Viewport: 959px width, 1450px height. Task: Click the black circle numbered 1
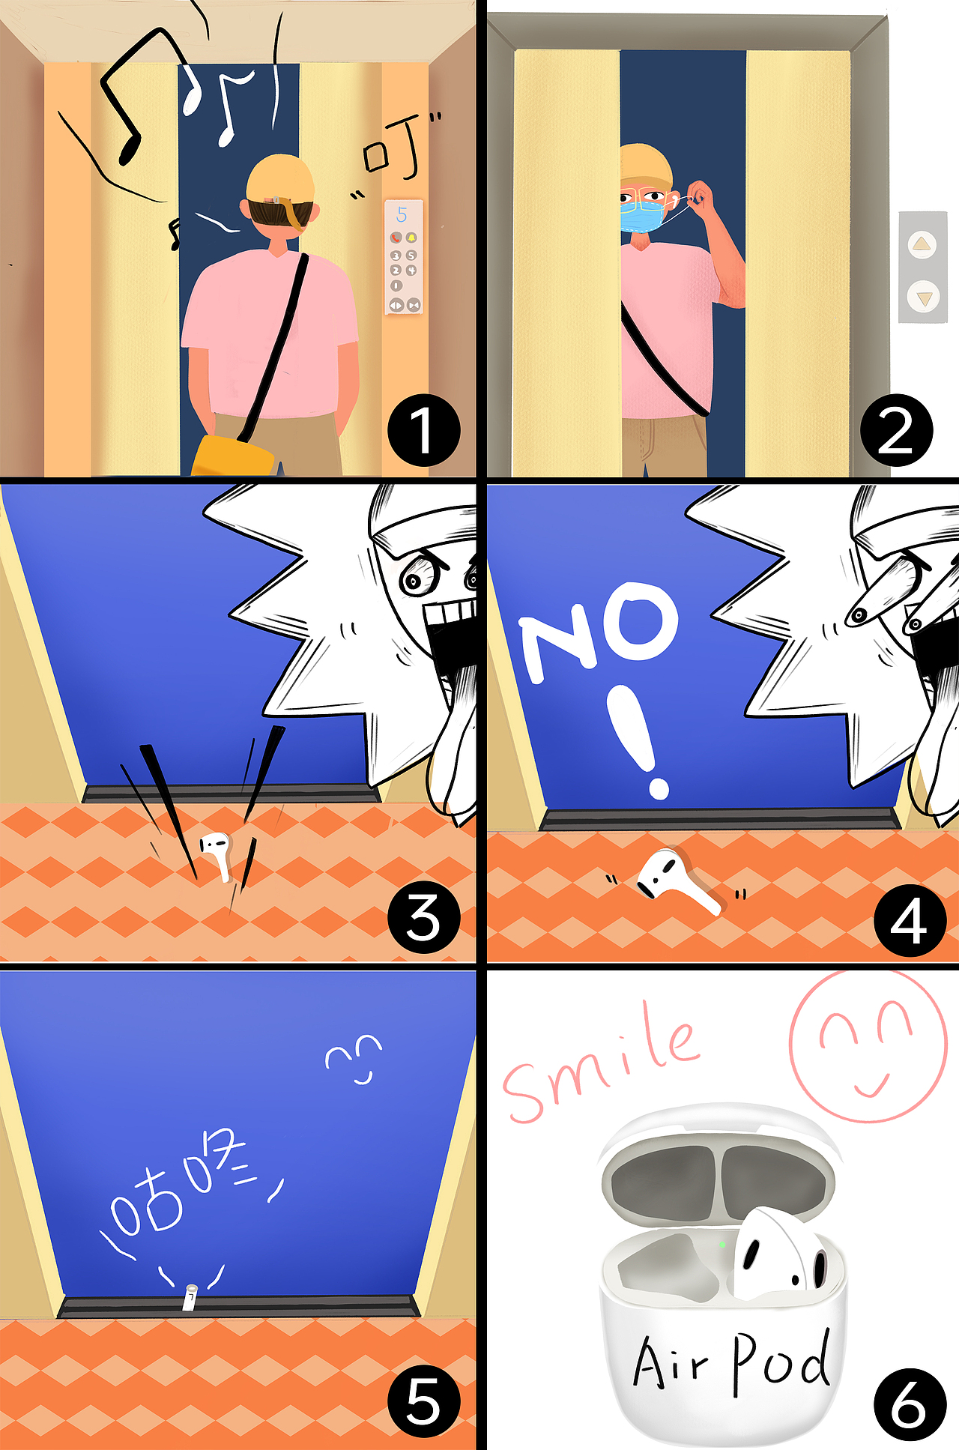(x=423, y=429)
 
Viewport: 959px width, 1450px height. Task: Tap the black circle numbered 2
(x=896, y=429)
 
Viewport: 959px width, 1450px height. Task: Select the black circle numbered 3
(x=423, y=916)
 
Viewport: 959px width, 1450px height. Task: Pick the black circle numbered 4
(x=910, y=919)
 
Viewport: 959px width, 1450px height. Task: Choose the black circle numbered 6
(x=910, y=1404)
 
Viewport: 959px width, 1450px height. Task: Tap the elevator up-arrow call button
(x=922, y=244)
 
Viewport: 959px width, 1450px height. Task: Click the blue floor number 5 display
(x=402, y=215)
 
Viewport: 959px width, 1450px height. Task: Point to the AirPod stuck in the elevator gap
(x=190, y=1298)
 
